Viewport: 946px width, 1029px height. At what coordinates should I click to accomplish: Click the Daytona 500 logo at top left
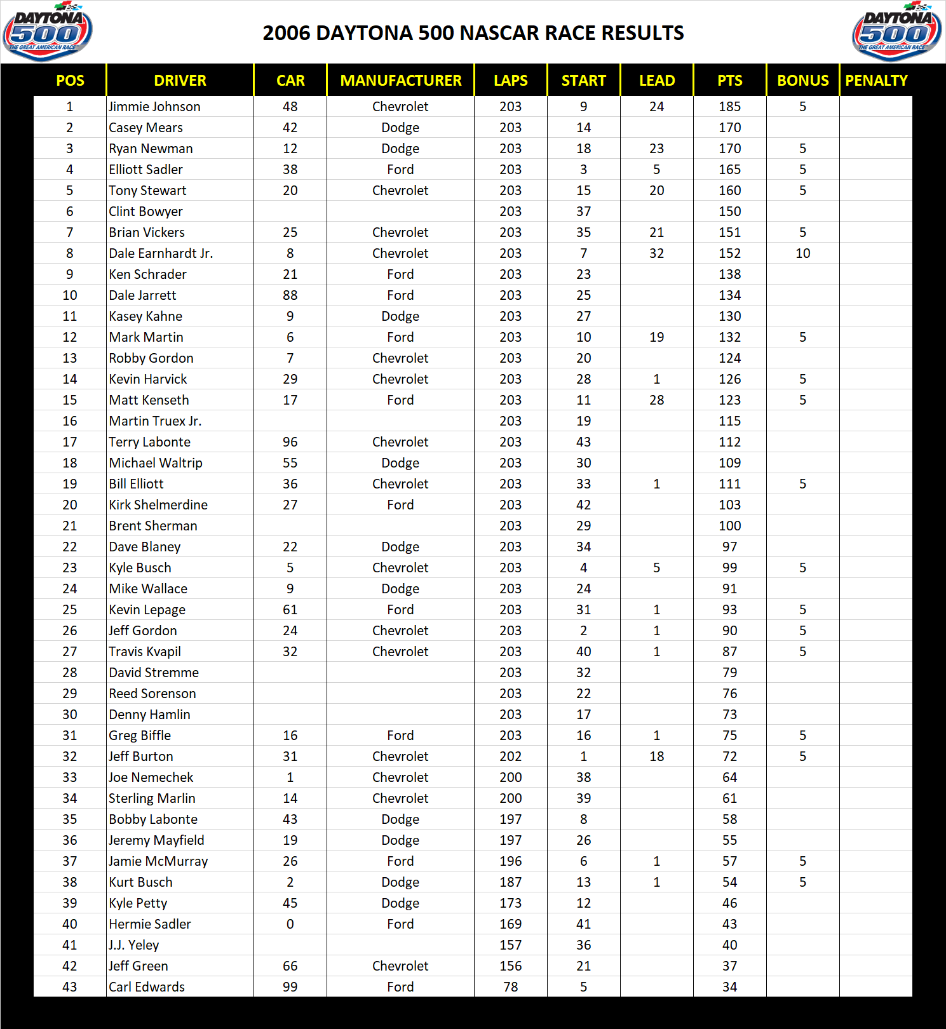48,32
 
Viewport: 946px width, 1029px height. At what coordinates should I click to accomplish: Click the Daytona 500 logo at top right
896,32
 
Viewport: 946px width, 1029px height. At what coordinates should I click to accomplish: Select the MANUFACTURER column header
400,81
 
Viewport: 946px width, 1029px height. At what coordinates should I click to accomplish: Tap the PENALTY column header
876,81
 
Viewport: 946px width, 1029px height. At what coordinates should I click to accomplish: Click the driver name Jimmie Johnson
154,107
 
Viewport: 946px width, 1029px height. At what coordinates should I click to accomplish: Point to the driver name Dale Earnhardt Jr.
161,253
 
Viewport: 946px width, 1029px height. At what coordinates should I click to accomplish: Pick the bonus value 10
802,253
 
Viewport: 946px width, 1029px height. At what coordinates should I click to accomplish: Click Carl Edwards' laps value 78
510,987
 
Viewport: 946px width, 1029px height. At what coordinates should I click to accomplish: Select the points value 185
729,107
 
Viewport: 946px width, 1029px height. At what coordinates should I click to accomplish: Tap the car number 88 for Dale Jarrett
290,295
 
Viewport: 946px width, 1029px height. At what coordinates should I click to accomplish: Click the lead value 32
656,253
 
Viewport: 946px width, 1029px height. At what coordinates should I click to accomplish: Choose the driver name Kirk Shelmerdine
158,505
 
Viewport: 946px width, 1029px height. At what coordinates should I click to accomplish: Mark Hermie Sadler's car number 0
290,924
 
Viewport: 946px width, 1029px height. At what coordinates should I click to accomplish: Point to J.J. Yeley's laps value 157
510,945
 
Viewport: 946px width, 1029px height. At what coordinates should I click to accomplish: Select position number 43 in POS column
70,987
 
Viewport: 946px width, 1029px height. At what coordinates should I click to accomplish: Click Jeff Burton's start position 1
583,757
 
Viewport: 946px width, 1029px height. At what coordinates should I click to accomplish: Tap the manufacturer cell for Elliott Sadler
400,170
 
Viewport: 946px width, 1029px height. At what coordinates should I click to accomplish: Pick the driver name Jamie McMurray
158,861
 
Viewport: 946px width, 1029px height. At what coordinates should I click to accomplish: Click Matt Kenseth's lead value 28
656,400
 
